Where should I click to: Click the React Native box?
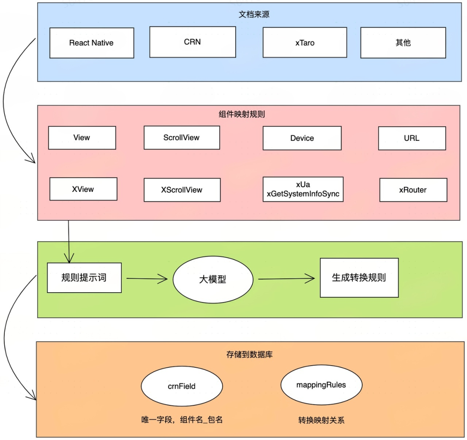coord(92,43)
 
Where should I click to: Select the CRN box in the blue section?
coord(192,42)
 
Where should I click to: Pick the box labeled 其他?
coord(403,43)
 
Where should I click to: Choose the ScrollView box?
coord(182,137)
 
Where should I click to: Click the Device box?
coord(302,138)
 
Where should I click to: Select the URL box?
coord(412,138)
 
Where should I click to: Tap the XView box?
coord(83,189)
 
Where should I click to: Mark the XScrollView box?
coord(182,190)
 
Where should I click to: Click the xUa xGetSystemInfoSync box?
coord(303,189)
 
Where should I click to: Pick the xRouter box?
coord(413,190)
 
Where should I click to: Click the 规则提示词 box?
coord(84,277)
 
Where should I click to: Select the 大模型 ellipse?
coord(213,279)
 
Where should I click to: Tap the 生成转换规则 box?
coord(359,277)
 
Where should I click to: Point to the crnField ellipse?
coord(182,386)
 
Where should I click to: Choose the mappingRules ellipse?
coord(321,384)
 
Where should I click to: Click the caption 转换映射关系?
coord(321,420)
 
